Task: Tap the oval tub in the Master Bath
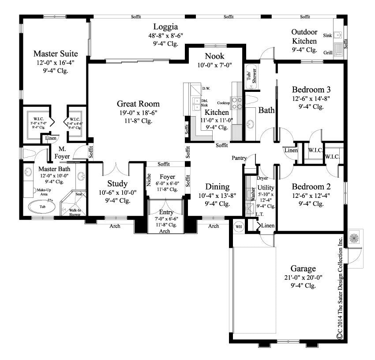42,206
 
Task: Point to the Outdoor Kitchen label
304,37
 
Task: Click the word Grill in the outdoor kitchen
328,53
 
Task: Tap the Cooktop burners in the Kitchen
237,103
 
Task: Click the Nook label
214,56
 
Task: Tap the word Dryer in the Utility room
262,178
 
